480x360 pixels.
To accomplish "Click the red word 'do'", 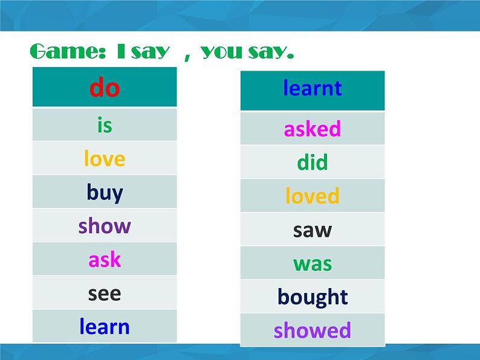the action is click(x=105, y=87).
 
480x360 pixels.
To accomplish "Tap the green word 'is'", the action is click(x=105, y=125).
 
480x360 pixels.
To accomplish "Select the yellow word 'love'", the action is click(x=105, y=158).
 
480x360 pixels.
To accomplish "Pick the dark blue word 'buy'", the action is click(x=105, y=193).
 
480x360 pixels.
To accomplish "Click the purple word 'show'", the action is click(x=105, y=225).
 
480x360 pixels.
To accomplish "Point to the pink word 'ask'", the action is click(x=105, y=259).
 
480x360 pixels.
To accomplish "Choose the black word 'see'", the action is click(x=105, y=294).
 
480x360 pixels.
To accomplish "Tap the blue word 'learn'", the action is click(x=105, y=326).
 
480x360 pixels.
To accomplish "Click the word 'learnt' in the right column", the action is click(x=313, y=88).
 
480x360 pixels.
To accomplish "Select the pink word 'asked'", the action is click(x=313, y=128).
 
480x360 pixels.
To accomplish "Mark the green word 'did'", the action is click(x=313, y=161).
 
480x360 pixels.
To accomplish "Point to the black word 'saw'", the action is click(x=313, y=231).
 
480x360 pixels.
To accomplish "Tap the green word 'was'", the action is click(x=313, y=265).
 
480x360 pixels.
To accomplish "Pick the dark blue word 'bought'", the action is click(x=313, y=297).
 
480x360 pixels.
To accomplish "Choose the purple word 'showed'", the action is click(x=313, y=330).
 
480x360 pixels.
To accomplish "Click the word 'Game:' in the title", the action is click(x=68, y=51).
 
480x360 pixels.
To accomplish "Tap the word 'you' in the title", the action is click(x=221, y=52).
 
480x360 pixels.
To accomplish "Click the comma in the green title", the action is click(x=187, y=57).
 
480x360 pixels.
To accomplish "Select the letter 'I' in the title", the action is click(x=122, y=51).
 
